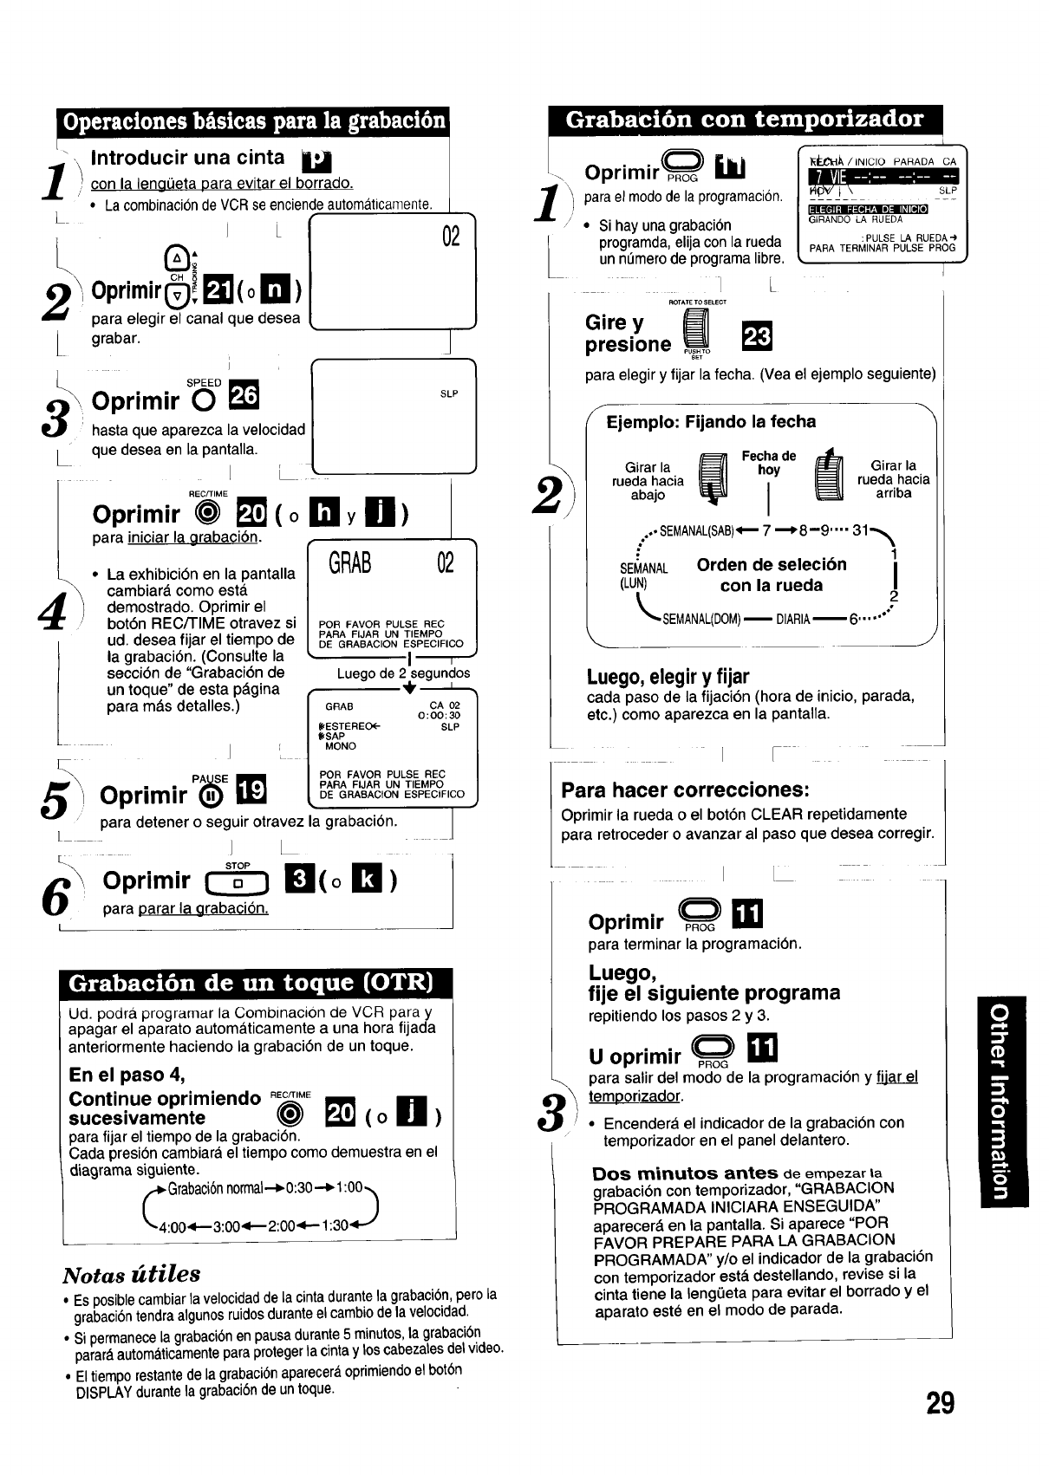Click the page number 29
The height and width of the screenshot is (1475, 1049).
click(940, 1402)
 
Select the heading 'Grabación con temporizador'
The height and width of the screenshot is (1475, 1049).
click(744, 120)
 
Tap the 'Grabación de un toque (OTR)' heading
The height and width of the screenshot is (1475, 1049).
click(250, 983)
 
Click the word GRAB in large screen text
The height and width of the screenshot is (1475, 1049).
click(350, 564)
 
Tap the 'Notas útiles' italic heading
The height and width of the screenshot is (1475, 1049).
click(131, 1274)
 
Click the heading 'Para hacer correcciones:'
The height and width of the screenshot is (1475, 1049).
click(685, 790)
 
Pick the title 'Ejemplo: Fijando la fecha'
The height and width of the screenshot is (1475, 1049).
click(711, 422)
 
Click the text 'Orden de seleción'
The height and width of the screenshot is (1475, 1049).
click(772, 565)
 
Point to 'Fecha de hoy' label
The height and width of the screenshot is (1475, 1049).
click(768, 463)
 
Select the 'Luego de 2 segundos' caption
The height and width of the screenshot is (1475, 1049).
click(403, 673)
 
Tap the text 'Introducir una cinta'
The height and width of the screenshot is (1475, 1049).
click(187, 158)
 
